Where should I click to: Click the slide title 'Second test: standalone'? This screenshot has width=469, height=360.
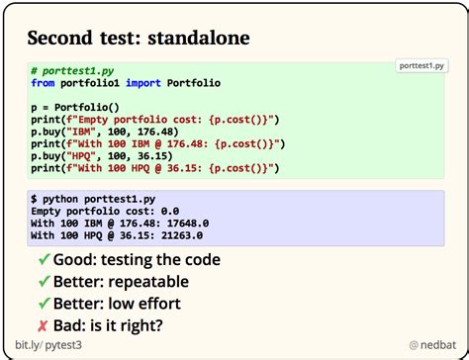point(139,39)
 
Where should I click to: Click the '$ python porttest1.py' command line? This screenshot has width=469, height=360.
point(93,199)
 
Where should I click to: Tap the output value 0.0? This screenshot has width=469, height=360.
point(170,211)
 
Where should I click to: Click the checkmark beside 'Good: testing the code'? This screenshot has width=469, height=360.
point(45,260)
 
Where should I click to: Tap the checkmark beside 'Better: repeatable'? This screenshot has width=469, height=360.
point(45,282)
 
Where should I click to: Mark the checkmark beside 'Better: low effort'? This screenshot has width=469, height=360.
point(45,304)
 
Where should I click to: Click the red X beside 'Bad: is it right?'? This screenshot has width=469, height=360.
point(45,326)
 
